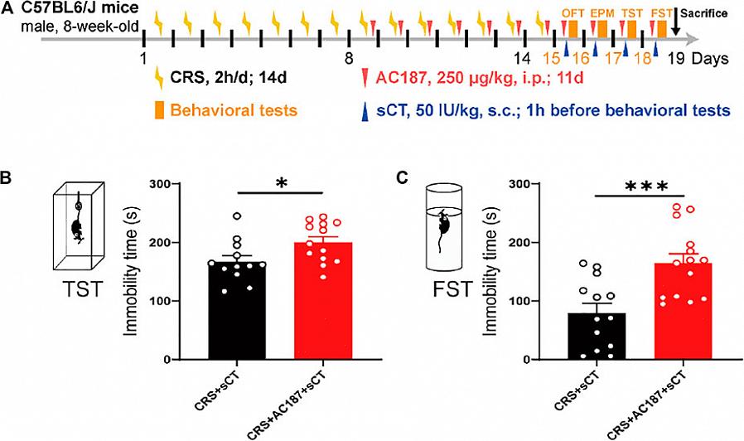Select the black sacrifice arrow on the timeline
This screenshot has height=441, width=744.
coord(677,27)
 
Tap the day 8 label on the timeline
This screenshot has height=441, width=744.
coord(349,58)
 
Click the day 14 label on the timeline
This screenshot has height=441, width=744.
coord(521,58)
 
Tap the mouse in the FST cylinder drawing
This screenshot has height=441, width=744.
coord(444,224)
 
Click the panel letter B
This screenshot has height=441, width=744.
coord(7,177)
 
